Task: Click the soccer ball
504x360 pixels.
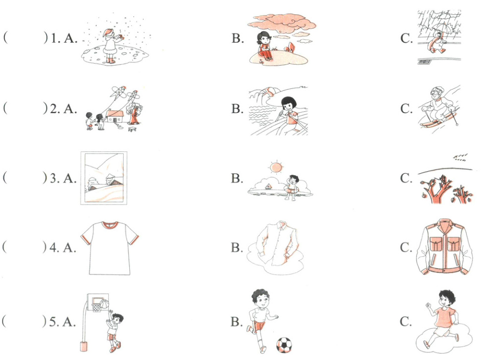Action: point(284,345)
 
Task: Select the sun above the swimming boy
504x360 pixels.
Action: point(276,168)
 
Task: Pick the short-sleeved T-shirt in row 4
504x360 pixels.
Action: point(110,248)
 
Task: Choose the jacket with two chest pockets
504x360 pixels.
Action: point(444,247)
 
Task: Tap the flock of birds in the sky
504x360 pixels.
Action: point(460,157)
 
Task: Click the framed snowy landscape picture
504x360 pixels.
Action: point(104,178)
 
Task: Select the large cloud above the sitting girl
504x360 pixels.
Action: point(281,23)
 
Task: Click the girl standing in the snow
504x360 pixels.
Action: point(111,45)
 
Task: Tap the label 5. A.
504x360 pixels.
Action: point(62,321)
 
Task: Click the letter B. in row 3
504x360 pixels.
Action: point(237,178)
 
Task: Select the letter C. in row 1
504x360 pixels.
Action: point(406,38)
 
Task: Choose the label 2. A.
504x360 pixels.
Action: point(63,109)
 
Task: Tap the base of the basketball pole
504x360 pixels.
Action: point(83,347)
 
